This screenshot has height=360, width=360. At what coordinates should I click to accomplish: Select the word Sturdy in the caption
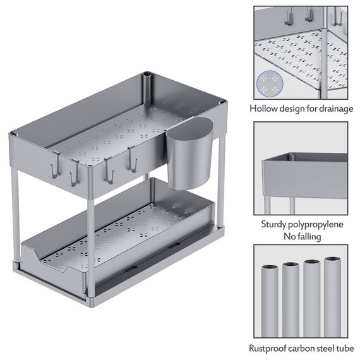point(275,224)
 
